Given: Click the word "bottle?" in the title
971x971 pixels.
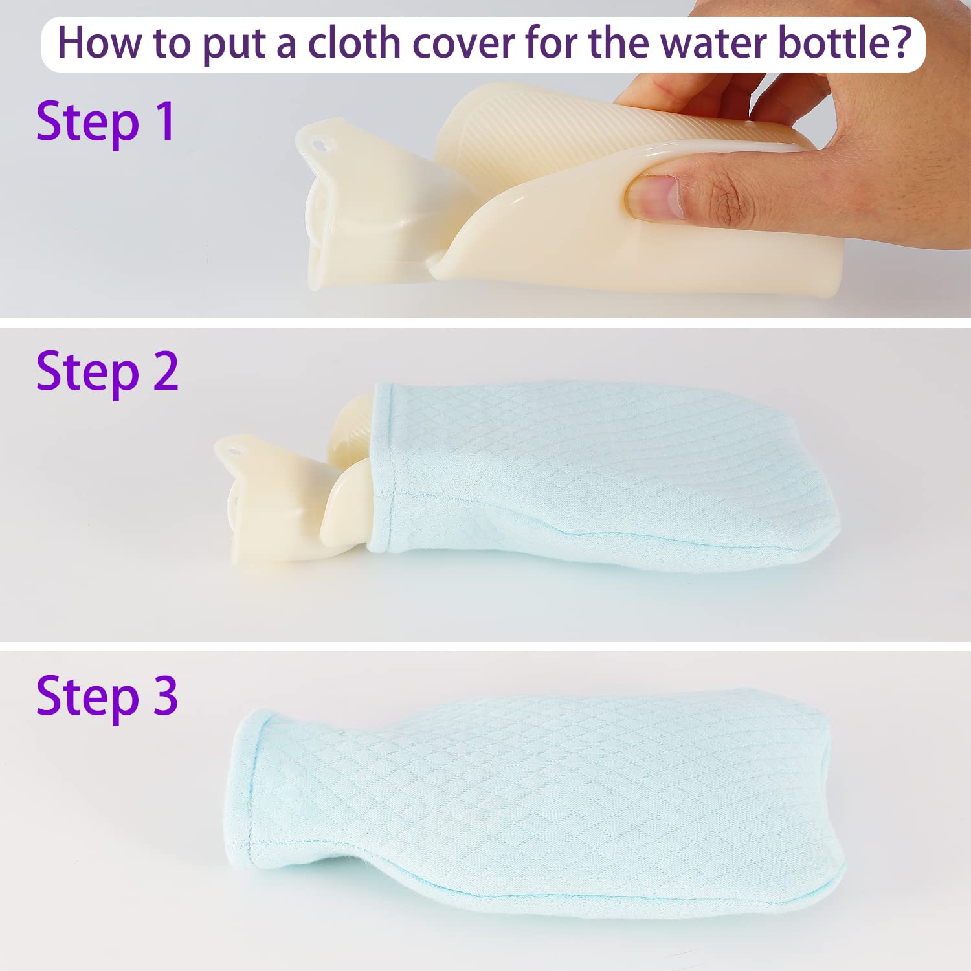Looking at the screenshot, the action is [x=845, y=43].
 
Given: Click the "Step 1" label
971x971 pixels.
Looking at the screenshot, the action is [x=106, y=122].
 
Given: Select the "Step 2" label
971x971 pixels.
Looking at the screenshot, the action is [x=107, y=372].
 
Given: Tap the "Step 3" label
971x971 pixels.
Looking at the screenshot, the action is [x=107, y=697].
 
